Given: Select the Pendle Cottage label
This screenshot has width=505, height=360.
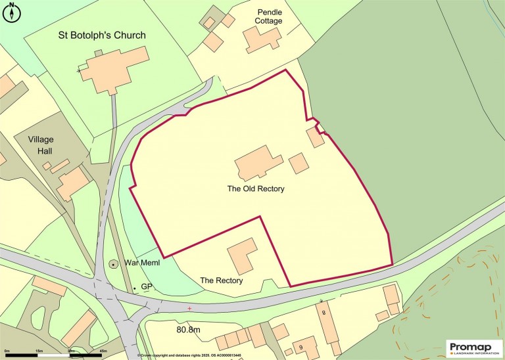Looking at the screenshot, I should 269,16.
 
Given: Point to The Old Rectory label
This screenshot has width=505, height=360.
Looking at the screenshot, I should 256,189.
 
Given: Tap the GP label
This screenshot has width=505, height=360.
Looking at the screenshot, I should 147,287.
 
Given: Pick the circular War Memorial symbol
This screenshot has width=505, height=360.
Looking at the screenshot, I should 113,263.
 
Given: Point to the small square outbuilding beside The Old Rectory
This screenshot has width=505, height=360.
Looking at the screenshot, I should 299,162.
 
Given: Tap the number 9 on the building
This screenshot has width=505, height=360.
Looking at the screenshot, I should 301,348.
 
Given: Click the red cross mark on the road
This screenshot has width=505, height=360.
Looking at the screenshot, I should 189,307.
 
